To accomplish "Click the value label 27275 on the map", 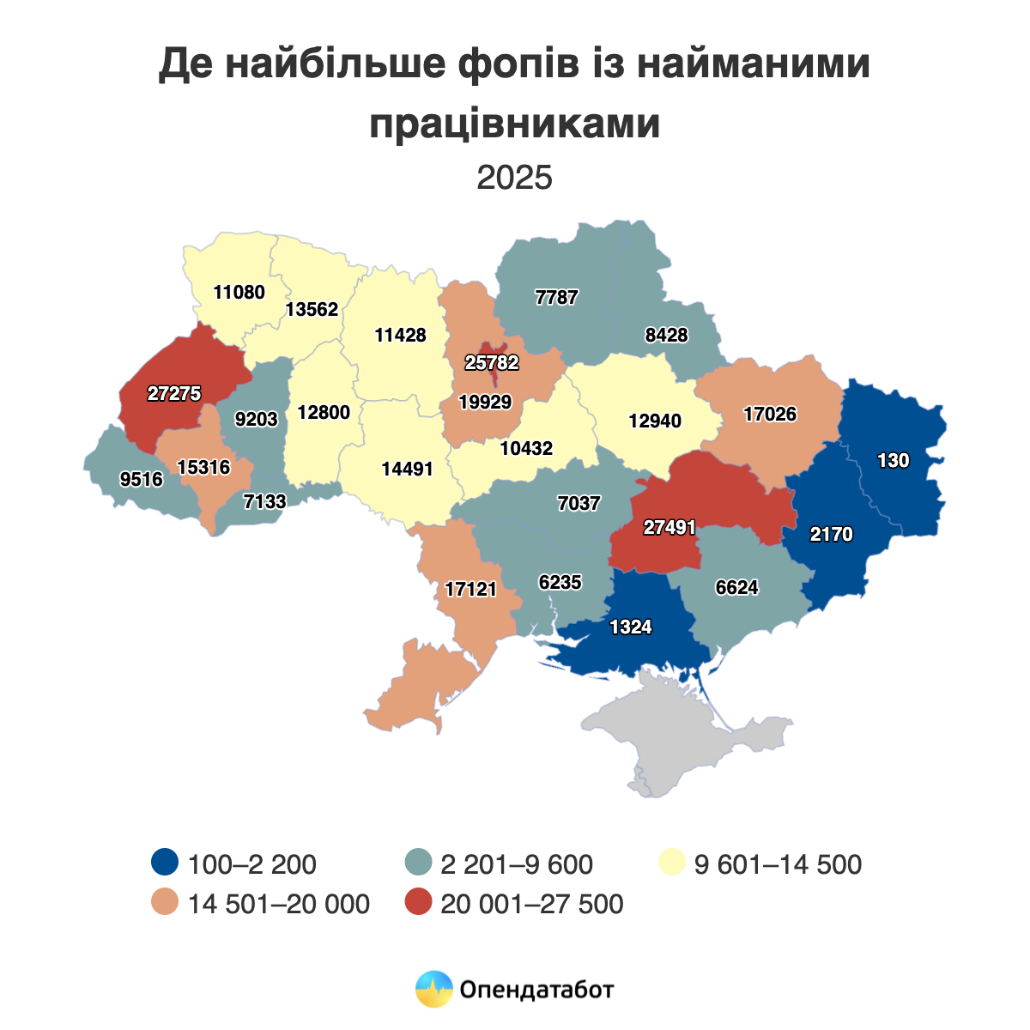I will tap(173, 394).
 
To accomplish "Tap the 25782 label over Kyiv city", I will tap(492, 362).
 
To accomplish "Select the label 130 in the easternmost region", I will tap(893, 461).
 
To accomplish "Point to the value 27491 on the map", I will tap(669, 528).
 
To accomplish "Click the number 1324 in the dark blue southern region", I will tap(631, 627).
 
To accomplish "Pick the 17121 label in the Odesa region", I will tap(471, 590).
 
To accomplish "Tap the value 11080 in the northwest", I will tap(239, 292).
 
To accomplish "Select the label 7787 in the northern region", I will tap(556, 298).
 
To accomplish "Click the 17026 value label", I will tap(770, 415).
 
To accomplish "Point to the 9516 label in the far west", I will tap(142, 480).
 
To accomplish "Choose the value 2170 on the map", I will tap(831, 535).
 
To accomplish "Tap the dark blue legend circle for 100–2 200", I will tap(164, 863).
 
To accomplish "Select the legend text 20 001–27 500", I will tap(531, 904).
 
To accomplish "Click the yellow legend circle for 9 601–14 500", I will tap(671, 863).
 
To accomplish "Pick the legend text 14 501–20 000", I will tap(279, 904).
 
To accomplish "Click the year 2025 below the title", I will tap(515, 178).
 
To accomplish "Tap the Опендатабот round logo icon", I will tap(433, 990).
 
